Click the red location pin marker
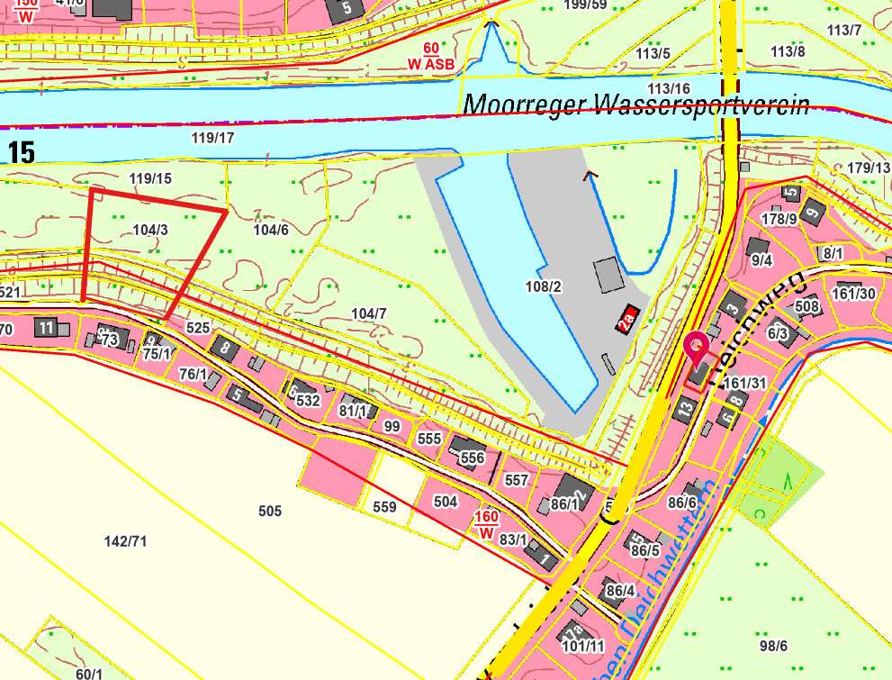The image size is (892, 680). (x=697, y=347)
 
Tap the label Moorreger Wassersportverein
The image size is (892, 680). (x=636, y=104)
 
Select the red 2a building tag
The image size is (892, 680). (x=627, y=319)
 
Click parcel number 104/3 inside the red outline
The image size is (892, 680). (x=149, y=230)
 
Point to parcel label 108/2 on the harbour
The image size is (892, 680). (x=544, y=286)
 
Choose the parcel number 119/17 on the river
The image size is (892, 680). (x=213, y=138)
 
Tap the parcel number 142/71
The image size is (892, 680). (x=125, y=540)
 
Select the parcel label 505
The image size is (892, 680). (x=270, y=511)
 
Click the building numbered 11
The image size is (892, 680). (x=46, y=328)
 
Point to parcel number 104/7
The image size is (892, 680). (x=369, y=313)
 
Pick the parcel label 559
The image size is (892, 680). (x=384, y=507)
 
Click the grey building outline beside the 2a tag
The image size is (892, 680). (x=608, y=274)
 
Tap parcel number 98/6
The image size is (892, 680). (x=773, y=646)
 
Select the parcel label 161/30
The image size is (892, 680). (x=853, y=293)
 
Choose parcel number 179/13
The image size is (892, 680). (x=868, y=168)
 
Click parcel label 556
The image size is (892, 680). (x=472, y=458)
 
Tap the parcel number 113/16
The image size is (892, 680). (x=669, y=88)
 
